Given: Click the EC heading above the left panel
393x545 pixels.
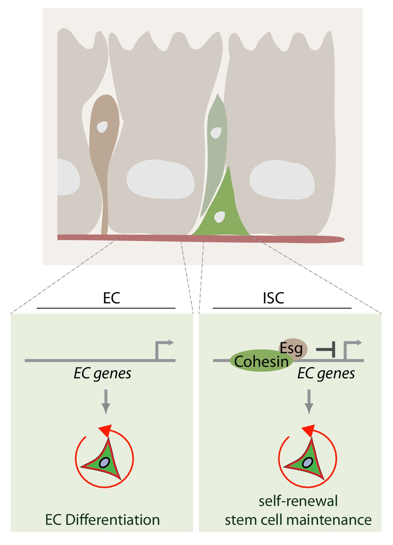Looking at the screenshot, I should pyautogui.click(x=111, y=298).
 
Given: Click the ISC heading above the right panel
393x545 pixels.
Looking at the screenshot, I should pyautogui.click(x=273, y=298).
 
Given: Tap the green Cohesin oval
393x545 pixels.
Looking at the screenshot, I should pyautogui.click(x=258, y=361).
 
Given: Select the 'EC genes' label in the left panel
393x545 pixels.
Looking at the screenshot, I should pyautogui.click(x=102, y=373).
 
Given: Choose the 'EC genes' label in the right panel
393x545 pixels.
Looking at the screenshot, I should pyautogui.click(x=326, y=373).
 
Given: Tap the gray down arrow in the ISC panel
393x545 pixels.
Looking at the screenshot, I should pyautogui.click(x=309, y=401).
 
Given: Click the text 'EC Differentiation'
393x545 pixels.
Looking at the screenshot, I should pyautogui.click(x=102, y=520).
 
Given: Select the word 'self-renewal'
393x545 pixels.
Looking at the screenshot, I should pyautogui.click(x=298, y=501).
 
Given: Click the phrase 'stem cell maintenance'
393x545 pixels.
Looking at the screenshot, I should pyautogui.click(x=298, y=520).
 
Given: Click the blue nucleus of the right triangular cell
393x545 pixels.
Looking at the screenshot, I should pyautogui.click(x=307, y=463).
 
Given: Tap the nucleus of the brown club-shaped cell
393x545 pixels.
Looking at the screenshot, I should pyautogui.click(x=102, y=127).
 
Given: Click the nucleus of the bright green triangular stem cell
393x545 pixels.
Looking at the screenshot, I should pyautogui.click(x=219, y=217).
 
